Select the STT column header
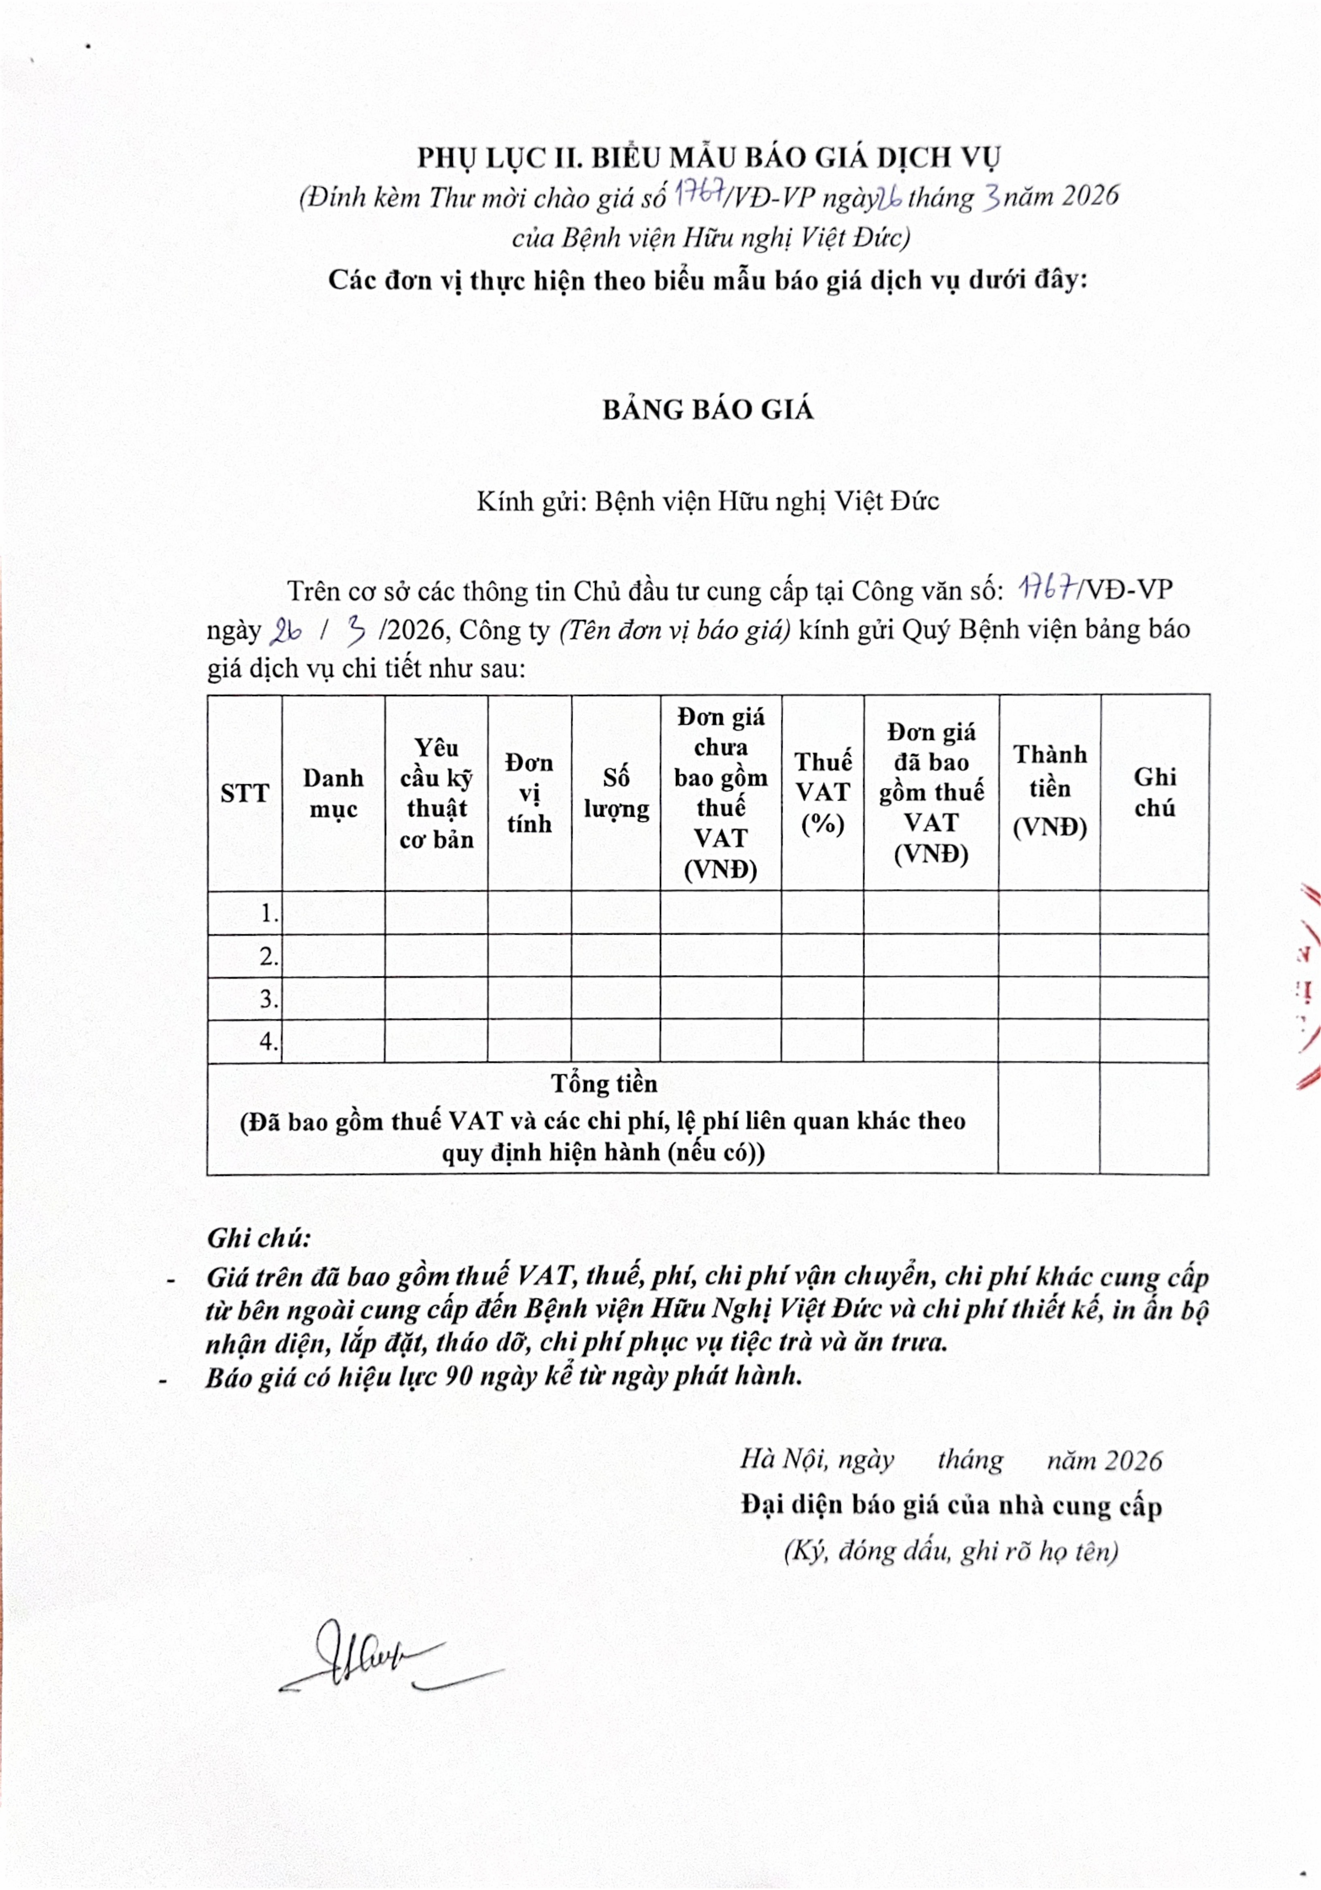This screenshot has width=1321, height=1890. coord(245,793)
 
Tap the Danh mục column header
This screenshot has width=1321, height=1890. coord(333,793)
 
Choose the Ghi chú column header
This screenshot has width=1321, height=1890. coord(1155,792)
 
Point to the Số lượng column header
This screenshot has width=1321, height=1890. coord(616,793)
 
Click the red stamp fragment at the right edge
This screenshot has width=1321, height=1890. coord(1308,988)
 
